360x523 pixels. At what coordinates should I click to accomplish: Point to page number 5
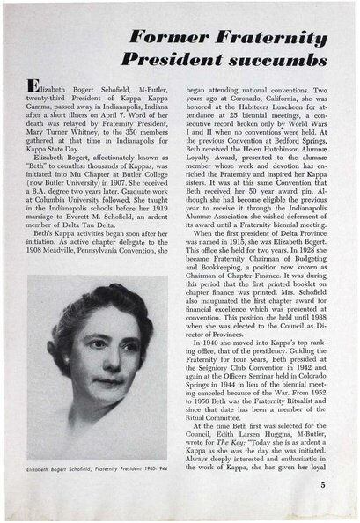(324, 506)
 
